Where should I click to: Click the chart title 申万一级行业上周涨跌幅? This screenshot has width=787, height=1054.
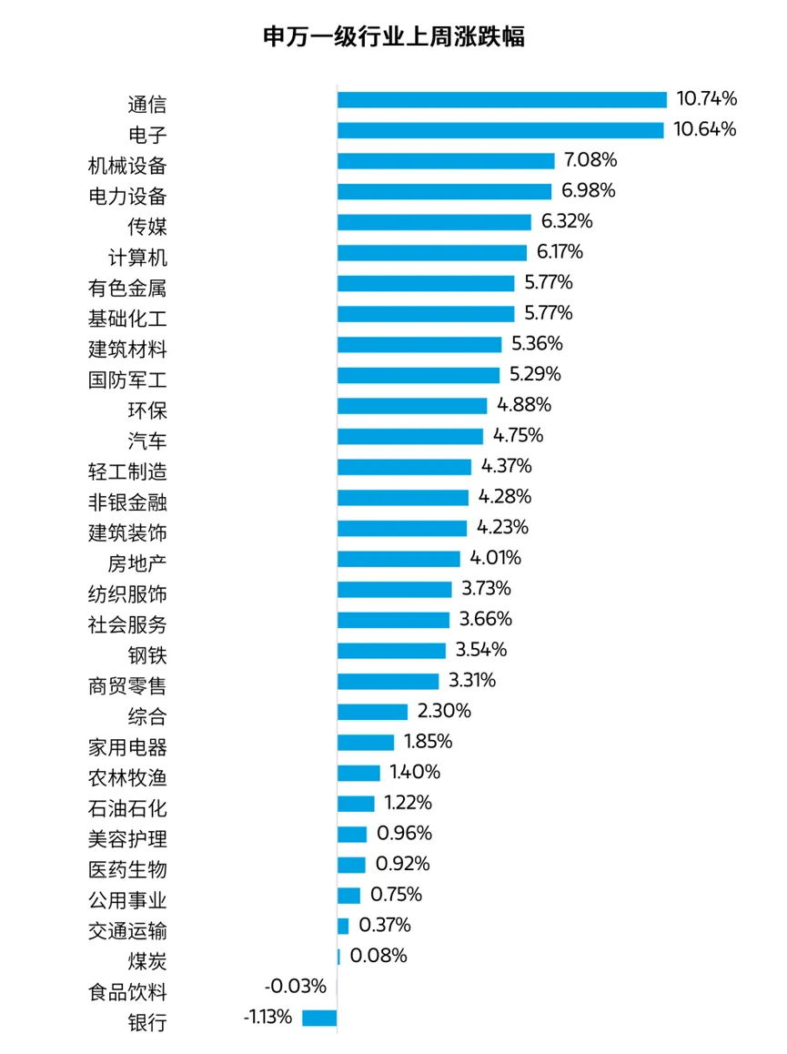coord(393,37)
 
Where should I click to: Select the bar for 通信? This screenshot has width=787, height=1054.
coord(502,99)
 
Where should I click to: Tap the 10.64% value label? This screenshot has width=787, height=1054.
coord(704,129)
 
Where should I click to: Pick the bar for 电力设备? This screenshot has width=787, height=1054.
coord(444,191)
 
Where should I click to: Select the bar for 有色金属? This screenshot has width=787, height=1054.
coord(426,283)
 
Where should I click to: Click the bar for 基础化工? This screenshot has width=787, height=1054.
coord(426,314)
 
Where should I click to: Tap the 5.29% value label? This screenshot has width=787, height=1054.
coord(534,374)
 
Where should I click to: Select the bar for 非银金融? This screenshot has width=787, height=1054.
coord(402,497)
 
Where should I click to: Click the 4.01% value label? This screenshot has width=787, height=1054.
coord(495,558)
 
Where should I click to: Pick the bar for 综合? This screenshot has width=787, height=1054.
coord(372,711)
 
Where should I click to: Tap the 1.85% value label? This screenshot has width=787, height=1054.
coord(427,742)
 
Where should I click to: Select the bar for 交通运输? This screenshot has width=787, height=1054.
coord(343,926)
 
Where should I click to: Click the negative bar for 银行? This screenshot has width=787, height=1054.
coord(319,1018)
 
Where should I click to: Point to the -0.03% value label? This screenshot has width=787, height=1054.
coord(295,987)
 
